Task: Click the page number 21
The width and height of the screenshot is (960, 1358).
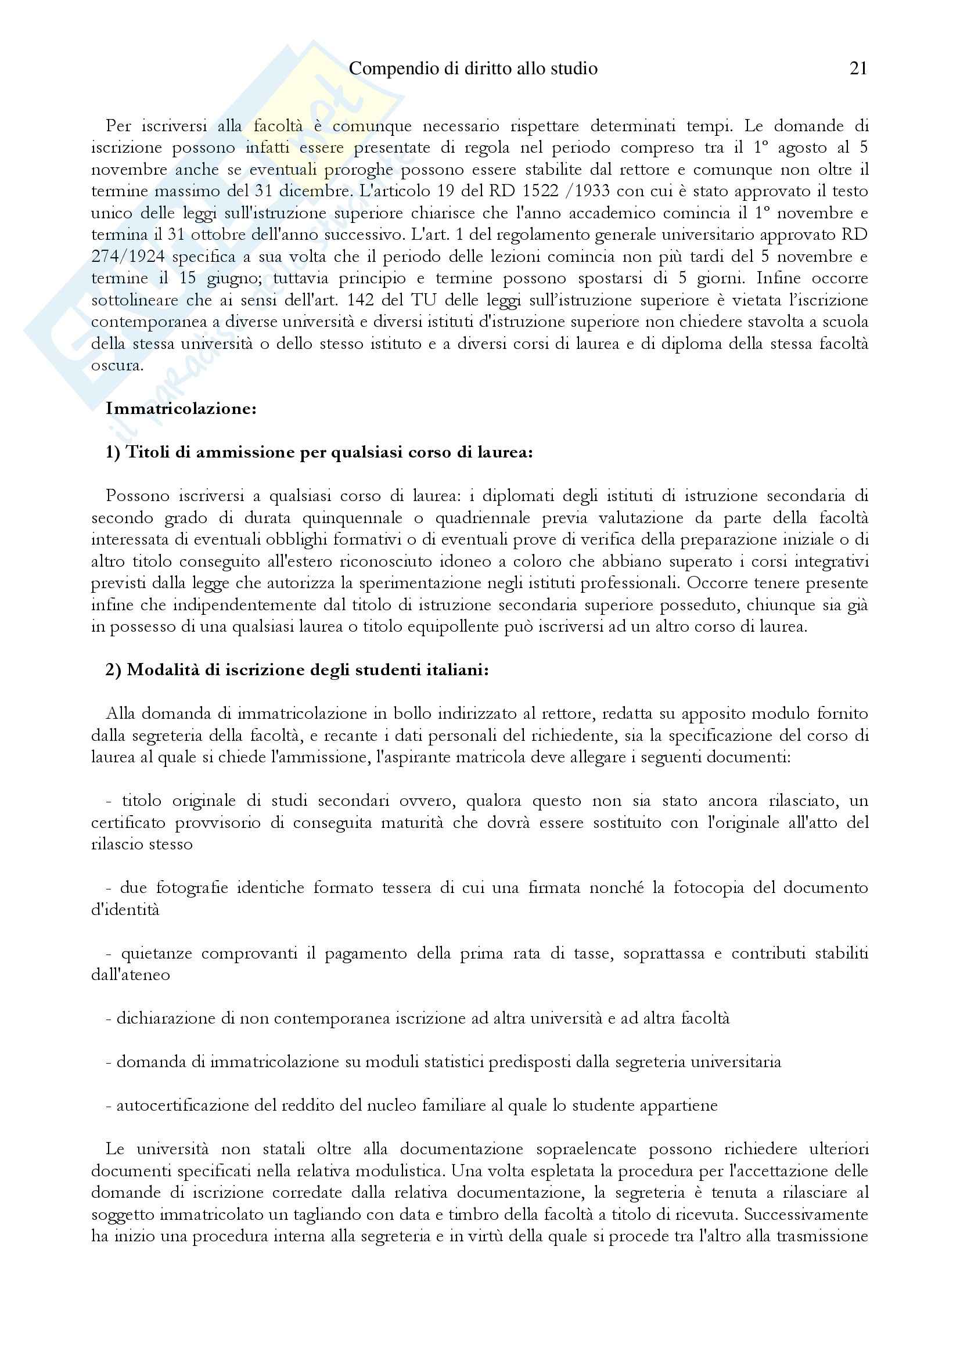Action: click(x=858, y=69)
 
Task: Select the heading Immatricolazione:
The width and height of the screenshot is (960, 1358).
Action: click(x=181, y=409)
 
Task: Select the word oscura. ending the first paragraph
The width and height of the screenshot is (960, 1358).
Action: click(x=117, y=366)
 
